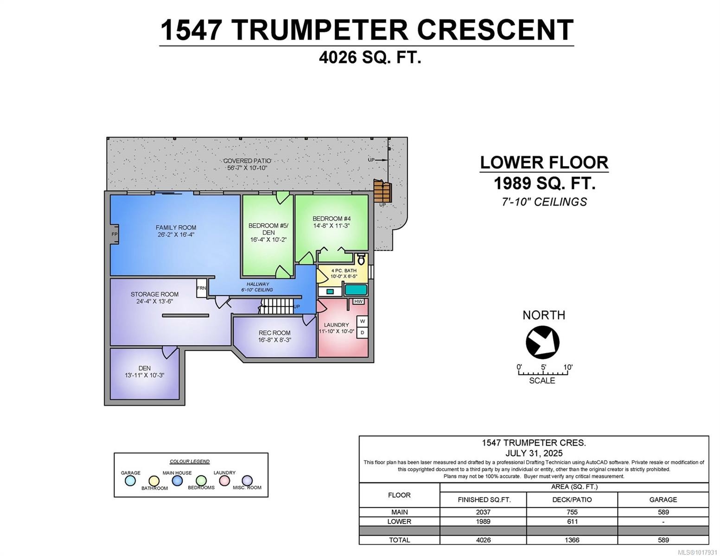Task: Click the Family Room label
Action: (x=176, y=227)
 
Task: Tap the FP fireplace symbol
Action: (x=114, y=234)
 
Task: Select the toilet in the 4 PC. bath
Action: (x=361, y=259)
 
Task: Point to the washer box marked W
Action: (x=362, y=322)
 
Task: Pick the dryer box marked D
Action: (x=362, y=333)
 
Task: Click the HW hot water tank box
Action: (x=358, y=302)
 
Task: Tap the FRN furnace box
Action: (x=201, y=288)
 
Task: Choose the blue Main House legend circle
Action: (x=177, y=481)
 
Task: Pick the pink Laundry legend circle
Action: (x=224, y=481)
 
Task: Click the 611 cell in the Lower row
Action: (x=572, y=521)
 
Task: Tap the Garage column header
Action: (x=663, y=499)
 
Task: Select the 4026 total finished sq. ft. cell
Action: (x=483, y=540)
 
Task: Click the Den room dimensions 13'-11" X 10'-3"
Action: (x=145, y=375)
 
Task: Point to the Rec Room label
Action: (x=274, y=333)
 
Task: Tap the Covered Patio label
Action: (x=247, y=161)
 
